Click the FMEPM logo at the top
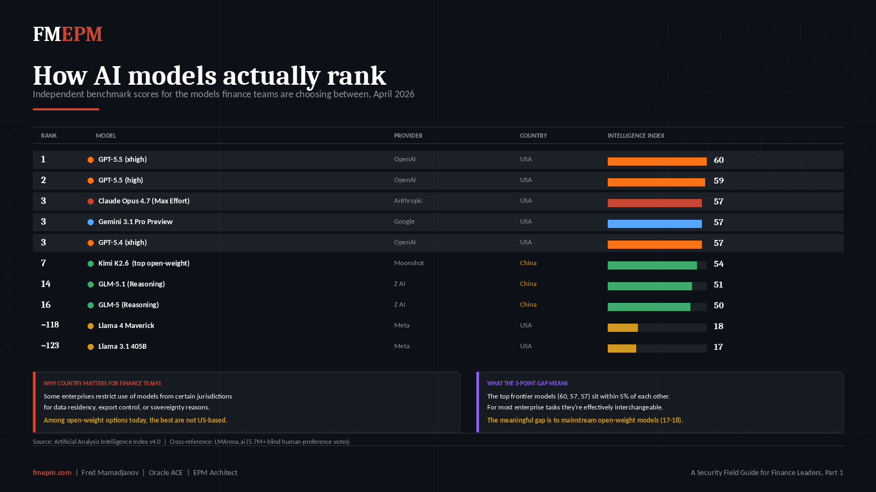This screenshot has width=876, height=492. [x=67, y=34]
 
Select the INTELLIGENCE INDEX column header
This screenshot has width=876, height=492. [x=636, y=136]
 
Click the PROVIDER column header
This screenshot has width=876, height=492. [x=408, y=136]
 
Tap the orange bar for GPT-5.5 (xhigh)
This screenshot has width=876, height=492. [x=657, y=161]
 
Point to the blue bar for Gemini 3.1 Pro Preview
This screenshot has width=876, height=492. [x=654, y=224]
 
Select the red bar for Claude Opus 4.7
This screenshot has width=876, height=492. [x=654, y=203]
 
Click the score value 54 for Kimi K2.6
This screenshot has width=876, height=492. [x=718, y=264]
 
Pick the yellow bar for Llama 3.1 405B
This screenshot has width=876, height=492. [x=622, y=348]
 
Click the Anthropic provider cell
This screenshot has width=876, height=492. [x=408, y=201]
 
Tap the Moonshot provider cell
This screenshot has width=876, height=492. [x=409, y=263]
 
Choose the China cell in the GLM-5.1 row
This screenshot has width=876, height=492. [x=528, y=284]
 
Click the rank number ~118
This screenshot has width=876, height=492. [x=50, y=325]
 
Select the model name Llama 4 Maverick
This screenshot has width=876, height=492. [x=126, y=326]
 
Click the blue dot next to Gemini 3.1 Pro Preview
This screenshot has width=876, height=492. [x=90, y=222]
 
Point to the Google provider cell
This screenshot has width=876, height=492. [x=404, y=221]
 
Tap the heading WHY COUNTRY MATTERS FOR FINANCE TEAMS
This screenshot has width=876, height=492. [x=102, y=383]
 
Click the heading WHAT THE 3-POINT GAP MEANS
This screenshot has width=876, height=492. [x=527, y=383]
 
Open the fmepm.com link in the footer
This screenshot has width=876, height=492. [x=52, y=472]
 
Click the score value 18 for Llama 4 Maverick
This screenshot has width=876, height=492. [x=718, y=326]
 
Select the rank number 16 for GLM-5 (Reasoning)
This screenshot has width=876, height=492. [x=45, y=304]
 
